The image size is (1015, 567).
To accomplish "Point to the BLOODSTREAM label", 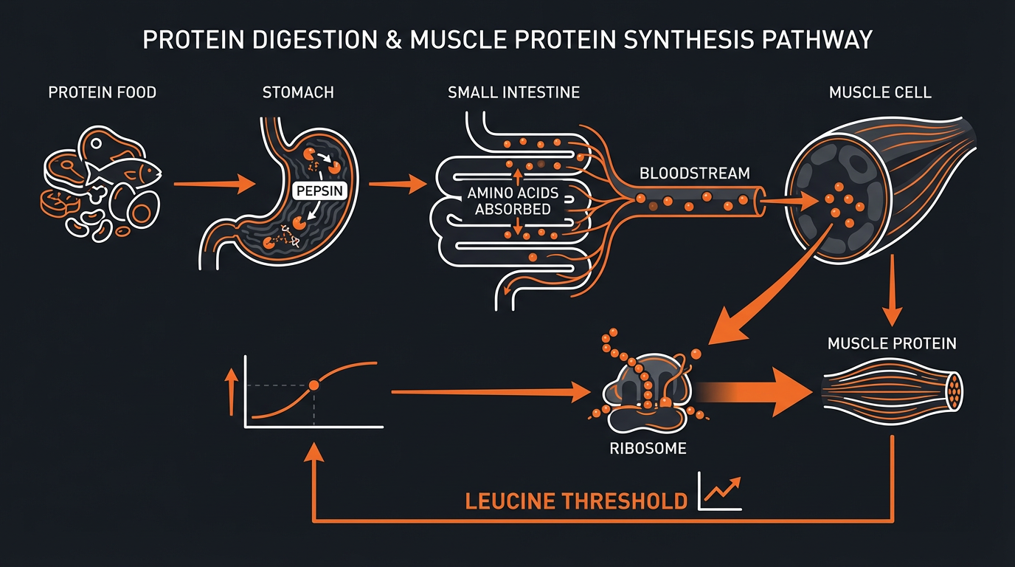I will (x=694, y=174).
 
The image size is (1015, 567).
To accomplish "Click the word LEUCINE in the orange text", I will (x=510, y=501).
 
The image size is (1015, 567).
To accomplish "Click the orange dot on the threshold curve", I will (x=313, y=385).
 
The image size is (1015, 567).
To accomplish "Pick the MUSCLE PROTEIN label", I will (x=892, y=343).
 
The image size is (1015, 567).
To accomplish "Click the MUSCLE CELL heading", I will (x=880, y=93).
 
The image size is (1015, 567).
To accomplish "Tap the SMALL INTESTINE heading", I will (x=513, y=93).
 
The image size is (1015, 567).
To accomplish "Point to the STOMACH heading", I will (x=298, y=93).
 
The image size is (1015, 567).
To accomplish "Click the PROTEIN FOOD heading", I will (x=103, y=93).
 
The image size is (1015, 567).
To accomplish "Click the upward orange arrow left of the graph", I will (x=232, y=391).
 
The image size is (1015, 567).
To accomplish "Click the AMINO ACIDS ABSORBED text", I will (x=513, y=202).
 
